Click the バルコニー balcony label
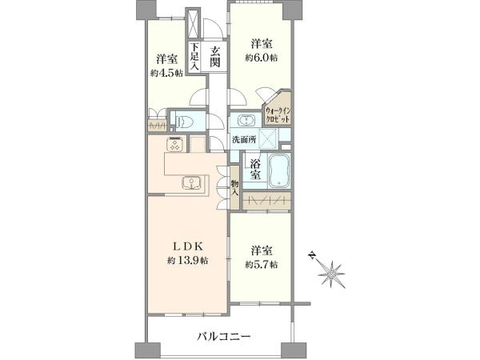click(223, 337)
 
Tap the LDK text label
click(188, 246)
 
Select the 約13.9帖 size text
click(188, 261)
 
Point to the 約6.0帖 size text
click(262, 58)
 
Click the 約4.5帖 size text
click(166, 73)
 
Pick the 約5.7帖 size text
click(262, 265)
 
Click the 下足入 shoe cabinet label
click(194, 58)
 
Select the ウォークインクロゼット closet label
click(278, 114)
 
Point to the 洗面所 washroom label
click(244, 140)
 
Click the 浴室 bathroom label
click(255, 170)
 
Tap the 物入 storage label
click(234, 188)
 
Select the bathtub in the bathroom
click(278, 170)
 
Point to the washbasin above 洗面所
click(246, 121)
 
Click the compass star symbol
click(331, 274)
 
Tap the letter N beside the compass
click(312, 254)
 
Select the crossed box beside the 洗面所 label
click(269, 138)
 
